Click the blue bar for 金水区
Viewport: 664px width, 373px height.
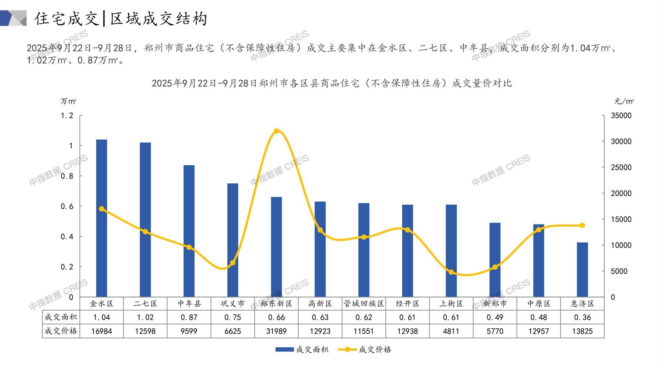coord(102,218)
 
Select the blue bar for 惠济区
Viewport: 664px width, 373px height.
coord(582,270)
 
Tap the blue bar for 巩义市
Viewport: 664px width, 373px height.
coord(233,240)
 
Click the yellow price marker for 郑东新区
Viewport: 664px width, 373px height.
coord(276,131)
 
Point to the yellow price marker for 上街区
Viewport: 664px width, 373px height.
coord(451,272)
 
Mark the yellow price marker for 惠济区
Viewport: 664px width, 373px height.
coord(582,225)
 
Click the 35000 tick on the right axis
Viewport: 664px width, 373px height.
coord(621,116)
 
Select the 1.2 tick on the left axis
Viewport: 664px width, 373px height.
coord(67,116)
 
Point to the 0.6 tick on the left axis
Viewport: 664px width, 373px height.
coord(67,206)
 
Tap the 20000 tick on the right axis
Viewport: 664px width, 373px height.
coord(621,194)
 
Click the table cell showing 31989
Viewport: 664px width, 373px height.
coord(276,331)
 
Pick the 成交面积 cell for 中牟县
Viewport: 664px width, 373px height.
coord(189,317)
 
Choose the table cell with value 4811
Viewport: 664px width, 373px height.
coord(451,331)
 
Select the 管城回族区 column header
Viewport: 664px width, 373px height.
coord(364,304)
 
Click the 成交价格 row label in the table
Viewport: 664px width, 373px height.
coord(61,331)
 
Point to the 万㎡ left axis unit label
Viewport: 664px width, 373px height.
coord(68,101)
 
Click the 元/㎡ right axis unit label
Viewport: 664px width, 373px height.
coord(624,101)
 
